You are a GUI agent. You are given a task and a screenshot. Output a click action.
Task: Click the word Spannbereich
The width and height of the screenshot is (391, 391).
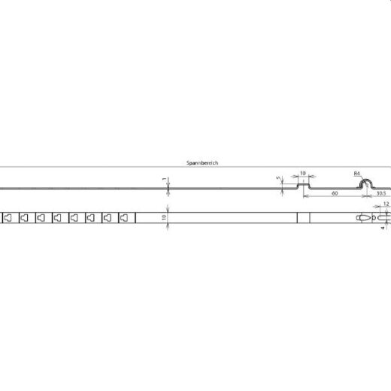pyautogui.click(x=202, y=162)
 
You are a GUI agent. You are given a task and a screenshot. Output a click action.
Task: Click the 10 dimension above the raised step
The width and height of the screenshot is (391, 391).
pyautogui.click(x=303, y=171)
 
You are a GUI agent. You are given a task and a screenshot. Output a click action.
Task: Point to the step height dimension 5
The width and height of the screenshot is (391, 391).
pyautogui.click(x=277, y=179)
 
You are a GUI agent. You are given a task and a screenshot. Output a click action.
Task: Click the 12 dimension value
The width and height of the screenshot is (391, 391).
pyautogui.click(x=386, y=204)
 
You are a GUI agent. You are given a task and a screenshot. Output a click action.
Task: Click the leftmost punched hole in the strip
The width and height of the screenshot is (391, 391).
pyautogui.click(x=8, y=218)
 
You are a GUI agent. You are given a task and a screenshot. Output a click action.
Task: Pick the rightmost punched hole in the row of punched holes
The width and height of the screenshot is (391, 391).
pyautogui.click(x=123, y=218)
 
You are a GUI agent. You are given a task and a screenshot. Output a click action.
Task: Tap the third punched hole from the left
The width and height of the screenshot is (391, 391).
pyautogui.click(x=41, y=218)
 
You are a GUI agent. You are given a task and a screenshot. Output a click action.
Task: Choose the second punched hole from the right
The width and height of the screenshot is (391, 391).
pyautogui.click(x=107, y=218)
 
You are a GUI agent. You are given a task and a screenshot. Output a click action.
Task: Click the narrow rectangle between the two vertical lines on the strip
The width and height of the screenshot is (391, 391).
pyautogui.click(x=302, y=218)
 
